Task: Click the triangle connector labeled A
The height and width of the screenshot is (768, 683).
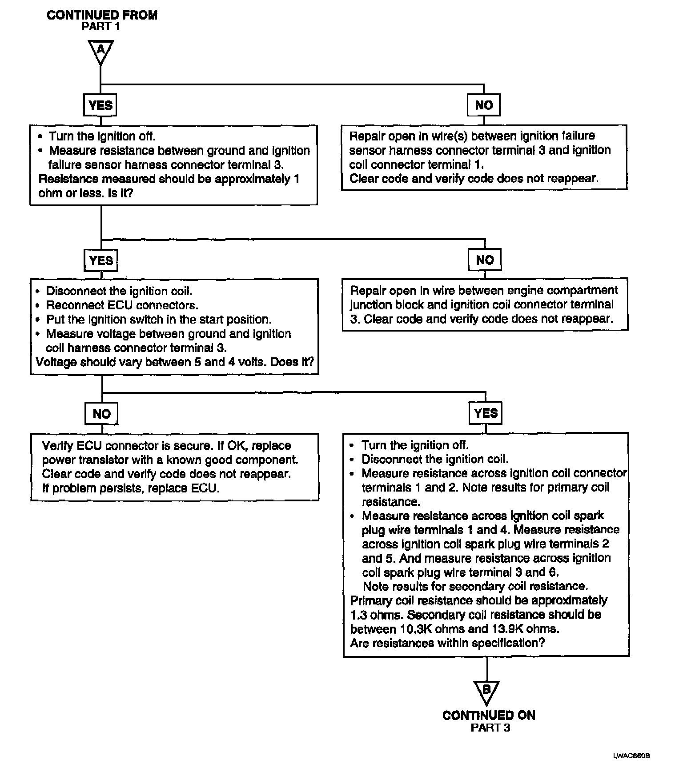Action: tap(101, 50)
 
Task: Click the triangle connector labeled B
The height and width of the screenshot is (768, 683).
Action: tap(486, 691)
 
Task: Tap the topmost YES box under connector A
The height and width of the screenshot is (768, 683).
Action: tap(100, 105)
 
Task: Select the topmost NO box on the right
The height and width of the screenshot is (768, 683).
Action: tap(484, 105)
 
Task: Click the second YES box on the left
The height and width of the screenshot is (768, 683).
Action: tap(101, 260)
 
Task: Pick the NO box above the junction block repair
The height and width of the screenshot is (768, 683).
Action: tap(485, 260)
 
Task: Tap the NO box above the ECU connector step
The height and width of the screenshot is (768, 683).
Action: tap(101, 414)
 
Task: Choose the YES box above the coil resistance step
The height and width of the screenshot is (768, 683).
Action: tap(486, 413)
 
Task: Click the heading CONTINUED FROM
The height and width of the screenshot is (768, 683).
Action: tap(102, 15)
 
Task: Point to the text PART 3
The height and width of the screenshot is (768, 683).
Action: tap(490, 728)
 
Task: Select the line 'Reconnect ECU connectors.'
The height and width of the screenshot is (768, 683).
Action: tap(122, 305)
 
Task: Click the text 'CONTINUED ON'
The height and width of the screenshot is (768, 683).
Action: tap(489, 715)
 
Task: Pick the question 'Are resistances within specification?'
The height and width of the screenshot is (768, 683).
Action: tap(447, 643)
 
